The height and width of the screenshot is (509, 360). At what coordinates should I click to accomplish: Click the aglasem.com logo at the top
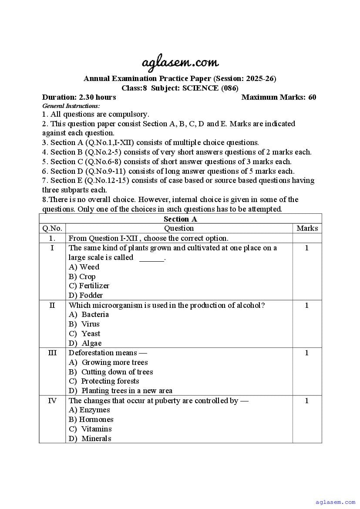tap(180, 63)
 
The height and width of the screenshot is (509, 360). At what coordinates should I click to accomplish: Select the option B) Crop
tap(82, 276)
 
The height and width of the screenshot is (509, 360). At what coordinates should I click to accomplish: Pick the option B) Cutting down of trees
tap(111, 372)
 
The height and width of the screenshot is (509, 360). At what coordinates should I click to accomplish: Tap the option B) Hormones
tap(91, 419)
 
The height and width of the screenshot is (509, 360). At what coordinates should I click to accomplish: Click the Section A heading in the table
tap(180, 219)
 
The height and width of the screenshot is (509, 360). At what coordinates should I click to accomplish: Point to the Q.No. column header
tap(52, 228)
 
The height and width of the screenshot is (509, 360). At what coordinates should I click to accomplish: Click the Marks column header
tap(307, 228)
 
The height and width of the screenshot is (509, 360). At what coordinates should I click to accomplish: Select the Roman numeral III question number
tap(52, 353)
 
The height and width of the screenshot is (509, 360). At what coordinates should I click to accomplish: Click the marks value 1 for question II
tap(307, 305)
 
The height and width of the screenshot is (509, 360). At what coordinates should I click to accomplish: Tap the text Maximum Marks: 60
tap(279, 97)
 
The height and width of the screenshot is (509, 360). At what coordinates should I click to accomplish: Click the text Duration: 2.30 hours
tap(79, 97)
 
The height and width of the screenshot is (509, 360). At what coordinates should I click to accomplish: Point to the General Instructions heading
tap(71, 106)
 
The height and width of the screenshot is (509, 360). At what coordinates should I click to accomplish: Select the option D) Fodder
tap(86, 295)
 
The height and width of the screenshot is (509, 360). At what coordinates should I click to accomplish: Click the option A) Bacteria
tap(89, 314)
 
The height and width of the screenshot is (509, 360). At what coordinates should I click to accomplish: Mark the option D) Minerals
tap(90, 438)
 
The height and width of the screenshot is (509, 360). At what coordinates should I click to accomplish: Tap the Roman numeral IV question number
tap(52, 401)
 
